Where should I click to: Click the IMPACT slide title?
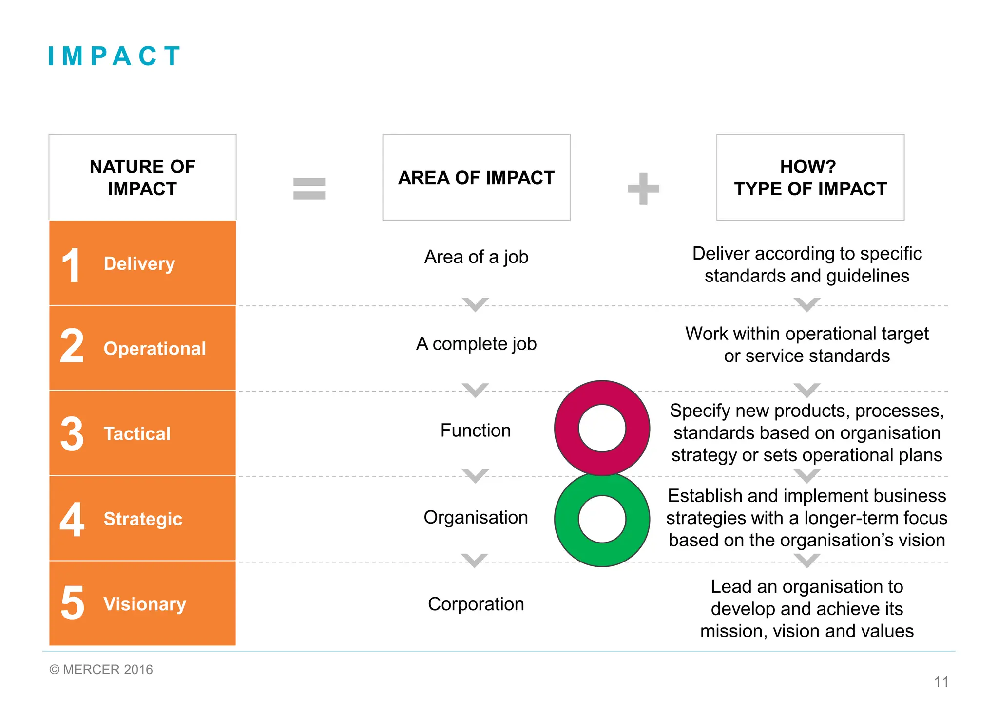115,56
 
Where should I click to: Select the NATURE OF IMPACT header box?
142,177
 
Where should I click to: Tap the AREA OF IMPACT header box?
476,177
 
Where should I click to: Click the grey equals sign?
309,188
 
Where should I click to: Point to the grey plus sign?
643,188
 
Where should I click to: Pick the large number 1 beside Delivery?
72,265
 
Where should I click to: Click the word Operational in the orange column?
154,349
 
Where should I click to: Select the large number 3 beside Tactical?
72,433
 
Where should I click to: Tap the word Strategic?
143,519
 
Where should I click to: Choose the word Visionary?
145,604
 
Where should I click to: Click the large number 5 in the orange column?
73,603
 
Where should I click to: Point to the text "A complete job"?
476,344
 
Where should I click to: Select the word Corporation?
476,604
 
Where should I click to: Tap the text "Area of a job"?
476,257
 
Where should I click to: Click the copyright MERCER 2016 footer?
101,670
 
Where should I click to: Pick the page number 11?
941,682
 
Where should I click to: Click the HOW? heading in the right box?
807,167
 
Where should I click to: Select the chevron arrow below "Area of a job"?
476,304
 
